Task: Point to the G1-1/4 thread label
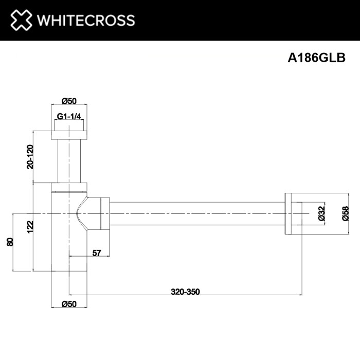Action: [69, 117]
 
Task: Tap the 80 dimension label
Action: [9, 241]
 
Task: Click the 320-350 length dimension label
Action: [185, 292]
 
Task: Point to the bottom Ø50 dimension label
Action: [69, 304]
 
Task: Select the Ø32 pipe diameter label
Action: [321, 213]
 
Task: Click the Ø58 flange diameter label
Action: [346, 213]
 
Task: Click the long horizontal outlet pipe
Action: [195, 213]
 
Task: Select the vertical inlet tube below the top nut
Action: [69, 159]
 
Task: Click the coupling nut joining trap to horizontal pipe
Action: [105, 213]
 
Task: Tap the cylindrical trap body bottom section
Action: [69, 252]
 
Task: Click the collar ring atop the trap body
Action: [69, 187]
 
